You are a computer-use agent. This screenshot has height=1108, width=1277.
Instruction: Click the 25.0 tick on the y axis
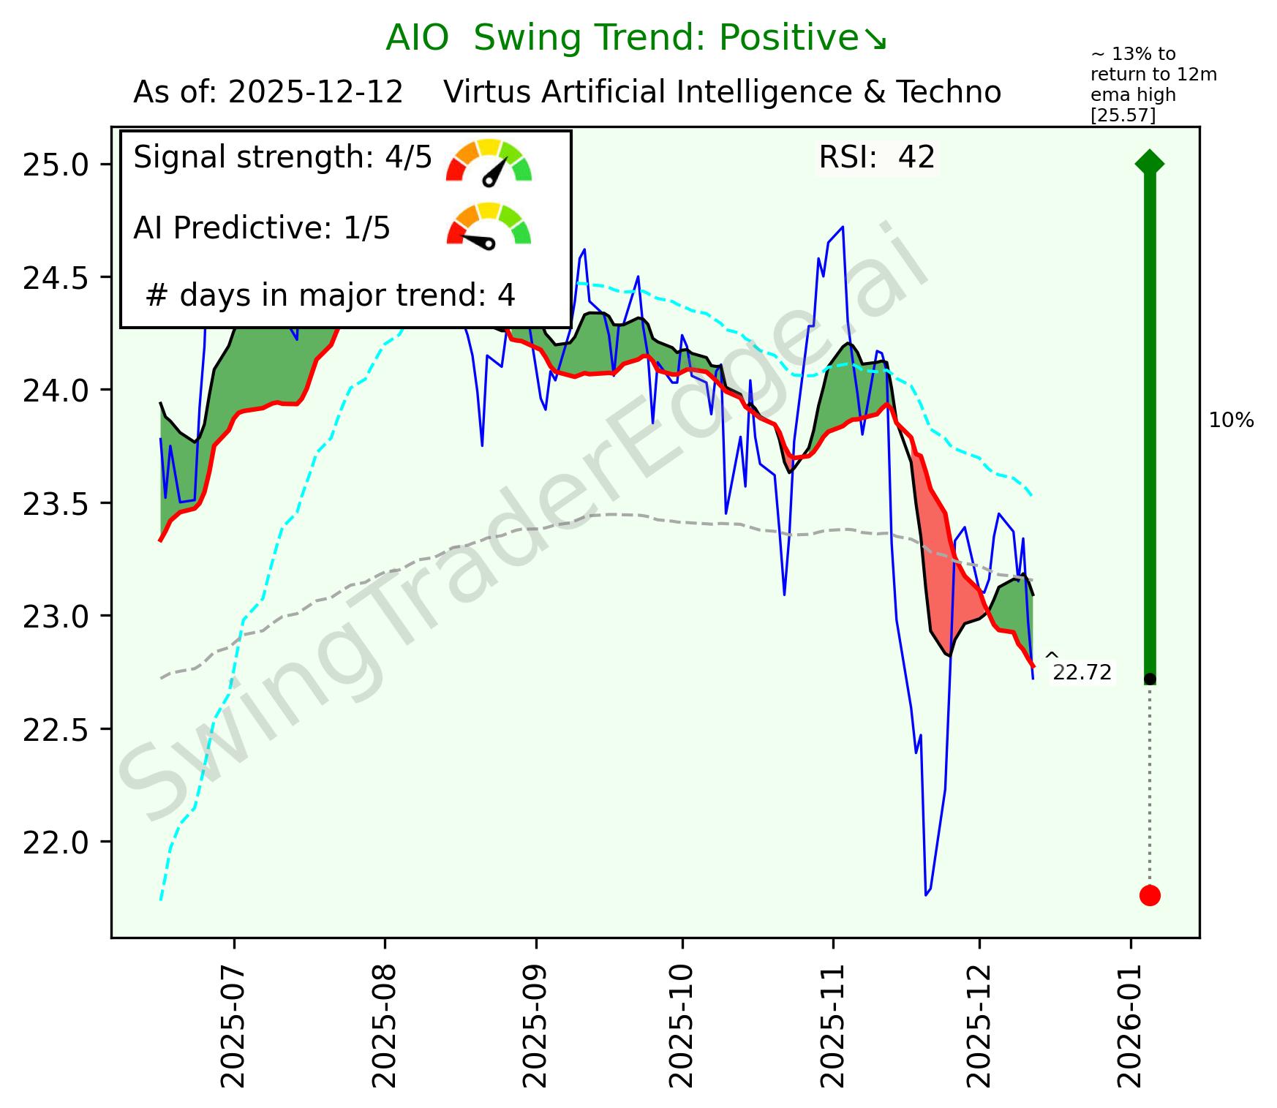coord(55,165)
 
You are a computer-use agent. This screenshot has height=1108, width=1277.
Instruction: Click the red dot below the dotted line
coord(1149,895)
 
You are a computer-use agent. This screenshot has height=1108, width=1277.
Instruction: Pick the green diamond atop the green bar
coord(1149,162)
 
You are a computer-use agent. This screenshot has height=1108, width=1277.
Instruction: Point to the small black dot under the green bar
coord(1149,679)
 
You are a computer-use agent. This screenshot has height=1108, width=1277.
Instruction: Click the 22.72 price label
coord(1082,673)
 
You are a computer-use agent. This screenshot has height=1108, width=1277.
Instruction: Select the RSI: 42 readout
coord(876,158)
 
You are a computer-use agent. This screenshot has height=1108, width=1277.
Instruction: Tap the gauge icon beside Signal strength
coord(489,162)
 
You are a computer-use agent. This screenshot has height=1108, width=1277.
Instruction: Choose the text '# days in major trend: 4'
coord(331,295)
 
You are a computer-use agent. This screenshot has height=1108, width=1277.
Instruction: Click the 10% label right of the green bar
coord(1231,421)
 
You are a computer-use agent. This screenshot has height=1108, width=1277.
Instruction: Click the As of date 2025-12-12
coord(315,93)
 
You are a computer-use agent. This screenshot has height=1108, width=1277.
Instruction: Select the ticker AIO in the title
coord(417,38)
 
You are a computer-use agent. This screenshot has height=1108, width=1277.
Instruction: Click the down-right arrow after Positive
coord(875,39)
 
